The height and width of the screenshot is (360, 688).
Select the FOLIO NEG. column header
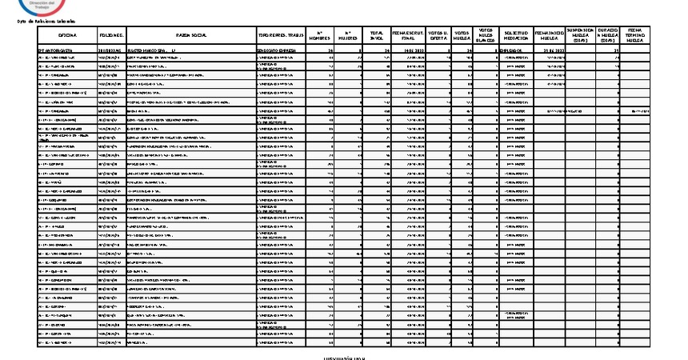(x=111, y=36)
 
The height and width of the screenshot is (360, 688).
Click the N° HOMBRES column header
(x=319, y=36)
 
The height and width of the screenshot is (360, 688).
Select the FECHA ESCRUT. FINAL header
(x=408, y=36)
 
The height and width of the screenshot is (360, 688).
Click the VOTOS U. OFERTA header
(x=438, y=36)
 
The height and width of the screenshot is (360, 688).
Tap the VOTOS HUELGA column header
(x=462, y=36)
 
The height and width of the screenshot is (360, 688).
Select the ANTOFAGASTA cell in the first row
(x=56, y=50)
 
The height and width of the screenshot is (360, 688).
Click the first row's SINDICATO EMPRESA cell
(x=277, y=50)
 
